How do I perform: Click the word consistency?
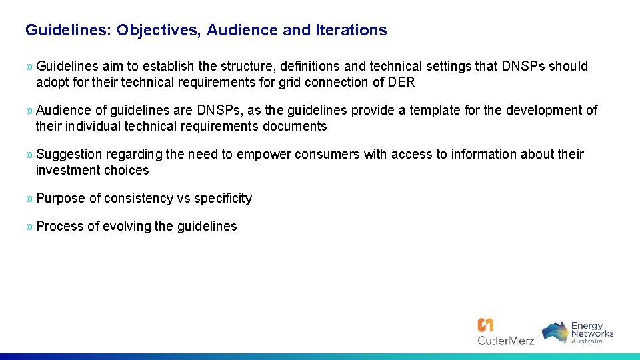[138, 198]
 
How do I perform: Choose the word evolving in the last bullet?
[126, 226]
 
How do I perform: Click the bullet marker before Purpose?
[29, 198]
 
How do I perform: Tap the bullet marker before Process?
[29, 226]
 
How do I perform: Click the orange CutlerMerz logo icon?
[485, 325]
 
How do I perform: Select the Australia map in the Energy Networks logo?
[555, 332]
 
